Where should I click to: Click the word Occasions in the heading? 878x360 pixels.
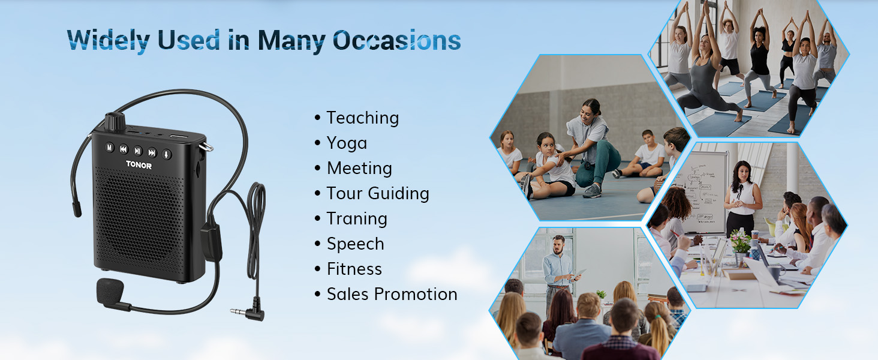[396, 40]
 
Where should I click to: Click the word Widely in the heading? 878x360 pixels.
[108, 41]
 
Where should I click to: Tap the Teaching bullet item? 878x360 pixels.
[363, 118]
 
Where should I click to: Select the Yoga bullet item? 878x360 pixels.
[347, 143]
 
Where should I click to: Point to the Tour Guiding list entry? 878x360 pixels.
[378, 193]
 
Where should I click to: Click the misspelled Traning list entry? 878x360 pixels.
[357, 219]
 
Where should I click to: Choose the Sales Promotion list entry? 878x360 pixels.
[392, 294]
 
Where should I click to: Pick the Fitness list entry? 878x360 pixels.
[354, 269]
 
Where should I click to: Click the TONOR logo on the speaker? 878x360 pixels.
[139, 165]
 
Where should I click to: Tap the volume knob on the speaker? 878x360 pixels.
[115, 122]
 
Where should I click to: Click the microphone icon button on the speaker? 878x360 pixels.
[167, 155]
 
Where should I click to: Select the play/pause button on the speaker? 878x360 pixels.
[137, 151]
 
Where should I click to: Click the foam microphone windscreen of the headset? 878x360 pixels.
[110, 292]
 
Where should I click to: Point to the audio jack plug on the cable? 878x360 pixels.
[248, 312]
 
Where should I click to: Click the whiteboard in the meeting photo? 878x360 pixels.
[702, 192]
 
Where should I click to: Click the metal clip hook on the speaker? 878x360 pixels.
[206, 146]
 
